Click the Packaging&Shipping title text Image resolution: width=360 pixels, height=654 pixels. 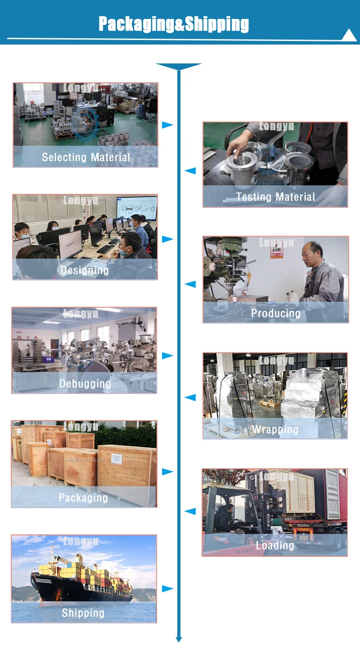(x=174, y=24)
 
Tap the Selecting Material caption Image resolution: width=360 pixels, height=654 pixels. (x=86, y=157)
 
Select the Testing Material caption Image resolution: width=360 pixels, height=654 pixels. (x=275, y=197)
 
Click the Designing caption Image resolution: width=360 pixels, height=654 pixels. (x=85, y=270)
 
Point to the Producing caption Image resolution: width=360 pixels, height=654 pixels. (x=275, y=314)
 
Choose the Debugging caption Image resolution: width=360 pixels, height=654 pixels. (x=85, y=384)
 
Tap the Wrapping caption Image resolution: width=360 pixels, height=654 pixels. (x=275, y=430)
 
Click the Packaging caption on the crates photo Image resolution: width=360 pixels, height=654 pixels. (x=83, y=498)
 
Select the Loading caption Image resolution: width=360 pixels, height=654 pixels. (x=274, y=546)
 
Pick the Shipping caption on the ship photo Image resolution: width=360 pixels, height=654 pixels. (x=83, y=613)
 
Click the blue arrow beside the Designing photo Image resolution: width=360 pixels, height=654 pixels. (x=167, y=239)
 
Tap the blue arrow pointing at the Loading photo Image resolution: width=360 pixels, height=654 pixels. (x=190, y=511)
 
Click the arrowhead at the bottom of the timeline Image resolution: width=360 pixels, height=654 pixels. (x=179, y=639)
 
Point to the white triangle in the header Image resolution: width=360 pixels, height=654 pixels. (x=349, y=36)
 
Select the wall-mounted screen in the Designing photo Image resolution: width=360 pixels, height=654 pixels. (x=136, y=209)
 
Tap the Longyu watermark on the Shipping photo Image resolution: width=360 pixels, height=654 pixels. (x=81, y=542)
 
